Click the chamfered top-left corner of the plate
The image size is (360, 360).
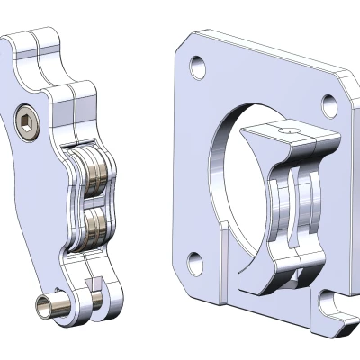[184, 40]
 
